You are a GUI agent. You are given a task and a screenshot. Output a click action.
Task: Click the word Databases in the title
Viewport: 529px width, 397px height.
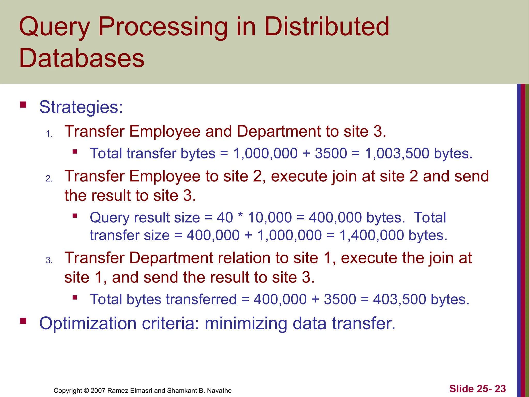tap(82, 58)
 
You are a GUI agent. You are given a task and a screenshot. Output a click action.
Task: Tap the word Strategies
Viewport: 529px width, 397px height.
tap(81, 107)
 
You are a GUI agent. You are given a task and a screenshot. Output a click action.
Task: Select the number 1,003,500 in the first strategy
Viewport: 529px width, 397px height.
tap(398, 154)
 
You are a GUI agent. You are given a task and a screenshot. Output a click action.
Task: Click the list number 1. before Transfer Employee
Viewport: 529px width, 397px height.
tap(49, 134)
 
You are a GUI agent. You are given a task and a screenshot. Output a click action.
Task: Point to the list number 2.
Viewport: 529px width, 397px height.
tap(49, 179)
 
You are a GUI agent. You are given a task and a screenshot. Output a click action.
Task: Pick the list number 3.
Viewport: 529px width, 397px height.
tap(49, 260)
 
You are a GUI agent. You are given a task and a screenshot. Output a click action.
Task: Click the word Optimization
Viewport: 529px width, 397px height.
tap(88, 324)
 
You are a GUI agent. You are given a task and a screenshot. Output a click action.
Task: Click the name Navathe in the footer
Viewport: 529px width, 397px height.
tap(219, 391)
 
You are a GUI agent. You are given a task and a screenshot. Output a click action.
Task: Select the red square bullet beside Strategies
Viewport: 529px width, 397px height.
tap(23, 105)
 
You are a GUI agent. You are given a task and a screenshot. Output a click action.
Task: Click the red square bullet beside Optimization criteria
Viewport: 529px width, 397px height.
tap(23, 321)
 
